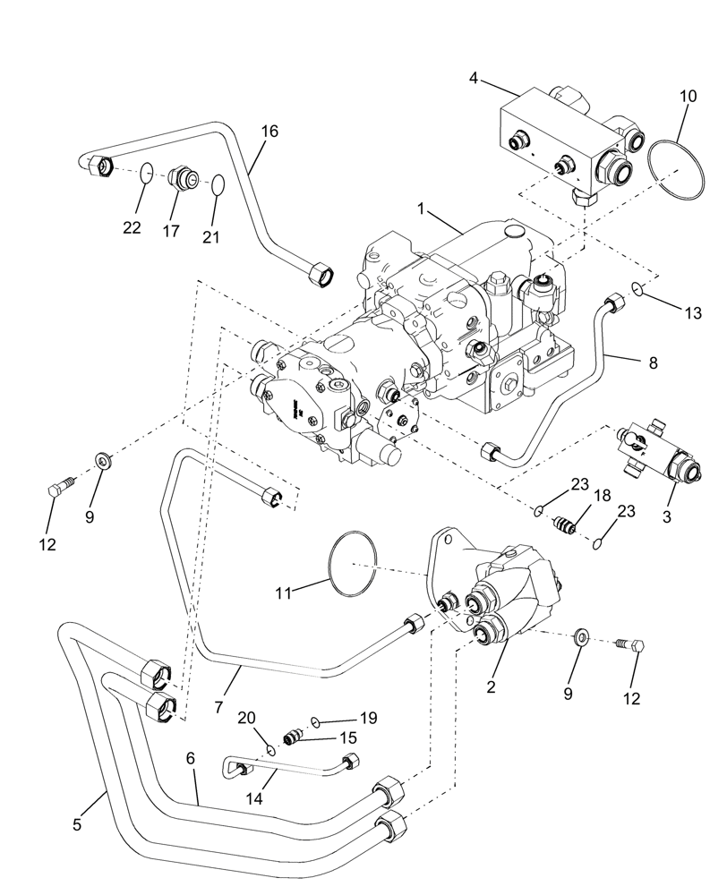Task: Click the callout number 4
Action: [473, 80]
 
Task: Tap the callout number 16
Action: [269, 132]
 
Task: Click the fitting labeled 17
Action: [183, 177]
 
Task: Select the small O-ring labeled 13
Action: [637, 288]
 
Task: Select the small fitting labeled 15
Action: [291, 737]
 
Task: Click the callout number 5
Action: [77, 823]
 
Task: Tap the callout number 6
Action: [190, 757]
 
